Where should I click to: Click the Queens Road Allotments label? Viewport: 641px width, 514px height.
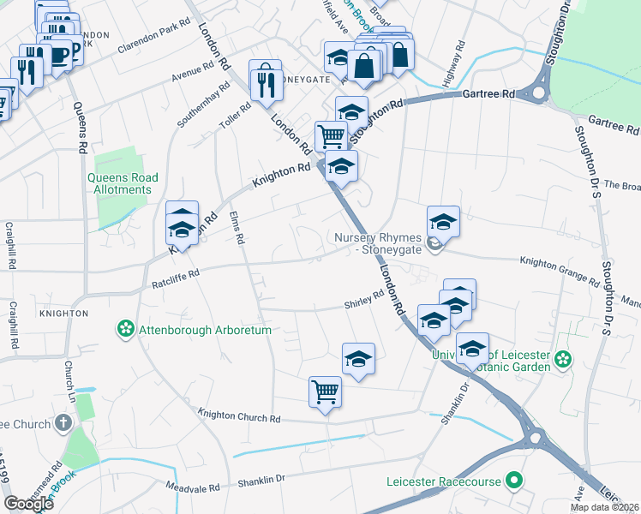pyautogui.click(x=123, y=183)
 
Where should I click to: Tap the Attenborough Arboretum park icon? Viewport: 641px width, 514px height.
pyautogui.click(x=126, y=329)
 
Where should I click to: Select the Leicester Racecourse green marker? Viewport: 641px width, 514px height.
pyautogui.click(x=514, y=481)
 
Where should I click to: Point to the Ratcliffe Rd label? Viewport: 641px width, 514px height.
pyautogui.click(x=175, y=278)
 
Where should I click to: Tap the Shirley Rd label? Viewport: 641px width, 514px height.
pyautogui.click(x=363, y=300)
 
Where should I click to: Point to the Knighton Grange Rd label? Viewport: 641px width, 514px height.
pyautogui.click(x=560, y=271)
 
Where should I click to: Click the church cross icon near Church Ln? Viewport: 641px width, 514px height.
pyautogui.click(x=63, y=423)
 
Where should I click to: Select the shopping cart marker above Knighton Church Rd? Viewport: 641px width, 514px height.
pyautogui.click(x=325, y=392)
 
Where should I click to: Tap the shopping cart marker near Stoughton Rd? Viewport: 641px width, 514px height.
pyautogui.click(x=331, y=135)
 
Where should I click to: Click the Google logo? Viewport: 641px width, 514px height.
pyautogui.click(x=28, y=504)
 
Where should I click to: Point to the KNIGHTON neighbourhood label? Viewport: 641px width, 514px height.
pyautogui.click(x=63, y=314)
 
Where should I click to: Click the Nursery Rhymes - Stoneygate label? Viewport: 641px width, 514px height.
pyautogui.click(x=378, y=243)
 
